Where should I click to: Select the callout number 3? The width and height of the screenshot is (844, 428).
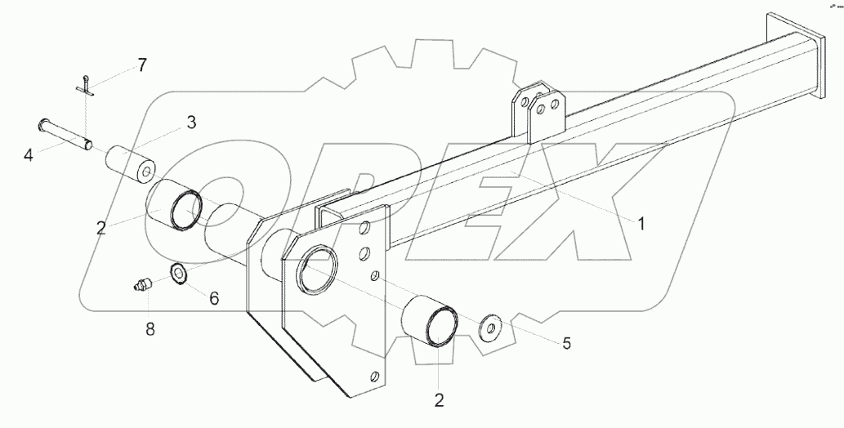(190, 123)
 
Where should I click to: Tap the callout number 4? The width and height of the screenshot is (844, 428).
(29, 154)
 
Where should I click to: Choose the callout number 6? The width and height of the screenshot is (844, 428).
(213, 299)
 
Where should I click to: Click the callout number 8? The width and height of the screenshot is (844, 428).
(148, 329)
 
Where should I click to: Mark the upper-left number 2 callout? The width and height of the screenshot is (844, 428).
(100, 228)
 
